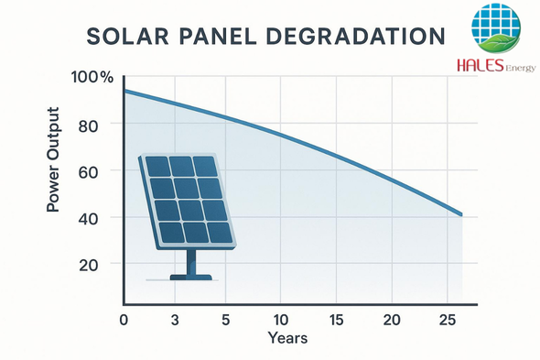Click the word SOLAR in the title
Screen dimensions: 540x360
[x=128, y=36]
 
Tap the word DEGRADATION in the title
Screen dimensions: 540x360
[x=356, y=36]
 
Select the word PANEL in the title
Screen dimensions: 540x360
[x=218, y=36]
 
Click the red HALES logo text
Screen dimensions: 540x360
[x=481, y=65]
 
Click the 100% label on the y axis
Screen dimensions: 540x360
[x=92, y=77]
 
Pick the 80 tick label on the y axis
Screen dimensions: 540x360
[x=88, y=126]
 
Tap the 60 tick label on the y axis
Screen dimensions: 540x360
[x=88, y=172]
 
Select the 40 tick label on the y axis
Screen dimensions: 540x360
[x=88, y=219]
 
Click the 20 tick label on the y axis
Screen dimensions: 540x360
[x=88, y=265]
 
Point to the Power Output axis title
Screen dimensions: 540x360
[x=53, y=159]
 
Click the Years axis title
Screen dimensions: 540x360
[x=287, y=338]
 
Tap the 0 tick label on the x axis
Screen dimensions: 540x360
[x=124, y=320]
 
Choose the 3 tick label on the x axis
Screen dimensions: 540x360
[x=175, y=320]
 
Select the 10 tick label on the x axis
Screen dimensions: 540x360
[x=281, y=320]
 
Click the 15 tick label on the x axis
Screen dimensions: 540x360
[x=336, y=320]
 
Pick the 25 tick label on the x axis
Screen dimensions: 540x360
[x=448, y=320]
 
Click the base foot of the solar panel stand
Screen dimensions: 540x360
[x=191, y=278]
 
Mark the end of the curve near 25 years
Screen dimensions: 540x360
[x=461, y=214]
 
